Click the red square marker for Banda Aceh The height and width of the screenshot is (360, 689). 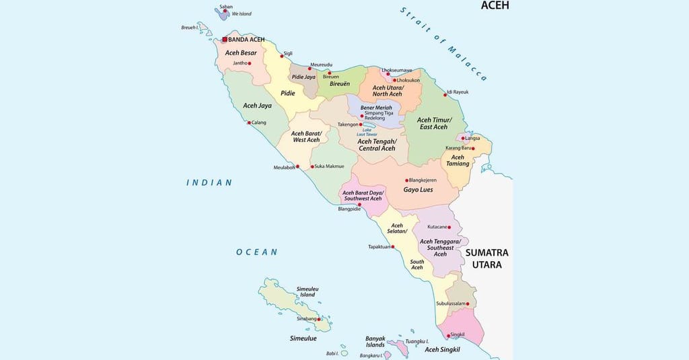pos(225,40)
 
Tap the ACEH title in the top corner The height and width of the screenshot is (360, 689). pos(495,5)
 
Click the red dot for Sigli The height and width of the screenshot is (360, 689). pos(282,56)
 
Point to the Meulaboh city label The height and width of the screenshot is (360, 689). pos(285,168)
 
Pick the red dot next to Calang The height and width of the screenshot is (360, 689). pos(249,122)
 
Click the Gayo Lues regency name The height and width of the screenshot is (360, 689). pos(418,190)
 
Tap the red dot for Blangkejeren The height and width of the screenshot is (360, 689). pos(407,180)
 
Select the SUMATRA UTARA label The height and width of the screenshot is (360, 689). pos(486,258)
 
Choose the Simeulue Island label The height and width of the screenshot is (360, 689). pos(307,291)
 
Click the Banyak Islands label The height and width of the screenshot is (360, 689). pos(375,341)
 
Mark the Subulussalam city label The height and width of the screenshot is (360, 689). pos(449,303)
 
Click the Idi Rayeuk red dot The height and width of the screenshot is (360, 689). pos(445,95)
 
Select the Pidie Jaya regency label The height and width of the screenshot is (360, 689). pos(303,77)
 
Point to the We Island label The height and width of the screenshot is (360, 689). pos(241,13)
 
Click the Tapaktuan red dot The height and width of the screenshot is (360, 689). pos(393,247)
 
